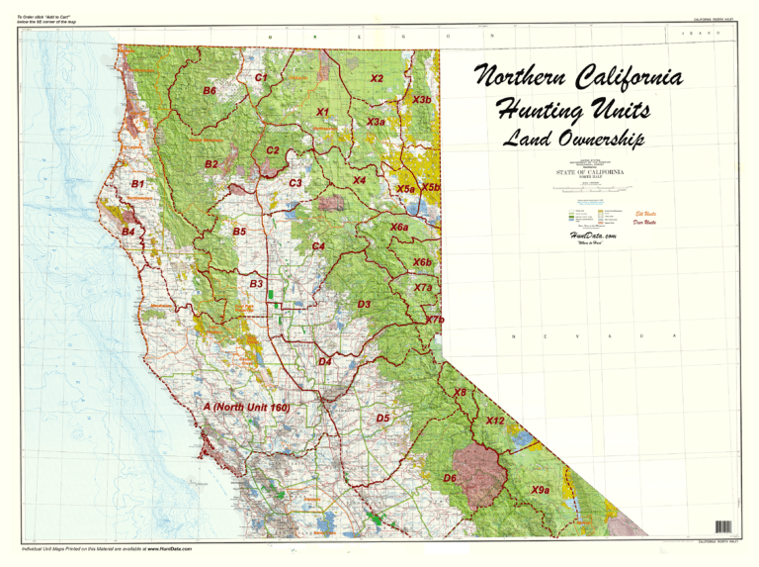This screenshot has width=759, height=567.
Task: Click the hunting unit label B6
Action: (x=210, y=91)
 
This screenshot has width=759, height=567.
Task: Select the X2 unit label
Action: (x=377, y=78)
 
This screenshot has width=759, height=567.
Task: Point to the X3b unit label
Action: (x=421, y=100)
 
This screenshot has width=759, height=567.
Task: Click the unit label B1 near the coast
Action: (x=138, y=184)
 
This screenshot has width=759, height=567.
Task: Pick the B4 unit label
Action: (x=127, y=232)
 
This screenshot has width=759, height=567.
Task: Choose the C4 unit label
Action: (x=318, y=245)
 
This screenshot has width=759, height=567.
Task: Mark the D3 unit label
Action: (x=364, y=304)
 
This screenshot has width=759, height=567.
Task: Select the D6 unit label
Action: (x=450, y=478)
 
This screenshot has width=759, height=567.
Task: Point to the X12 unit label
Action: (x=495, y=421)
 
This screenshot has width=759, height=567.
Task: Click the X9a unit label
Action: (x=540, y=490)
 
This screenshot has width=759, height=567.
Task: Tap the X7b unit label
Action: (x=434, y=320)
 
